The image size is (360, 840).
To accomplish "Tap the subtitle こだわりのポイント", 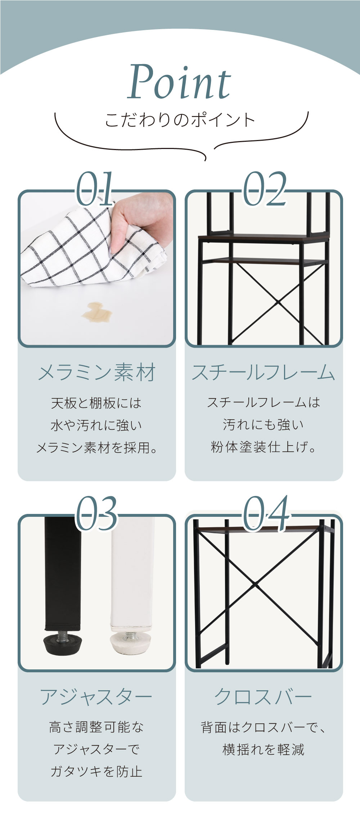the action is [x=180, y=120].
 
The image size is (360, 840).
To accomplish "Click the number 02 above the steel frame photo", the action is [x=265, y=189].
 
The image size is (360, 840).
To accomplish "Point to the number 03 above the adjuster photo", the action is [x=96, y=513].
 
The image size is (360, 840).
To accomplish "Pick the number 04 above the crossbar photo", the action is [x=266, y=513].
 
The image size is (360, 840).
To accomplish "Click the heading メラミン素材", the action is [x=97, y=372].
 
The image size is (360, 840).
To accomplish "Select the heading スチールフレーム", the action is [x=264, y=372].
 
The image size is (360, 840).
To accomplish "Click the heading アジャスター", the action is [x=96, y=697].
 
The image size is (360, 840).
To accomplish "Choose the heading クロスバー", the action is [x=263, y=697].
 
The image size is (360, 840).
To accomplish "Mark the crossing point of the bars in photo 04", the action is [x=255, y=585].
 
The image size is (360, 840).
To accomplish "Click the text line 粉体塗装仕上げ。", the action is [x=264, y=447].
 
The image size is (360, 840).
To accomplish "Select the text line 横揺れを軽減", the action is [x=264, y=750].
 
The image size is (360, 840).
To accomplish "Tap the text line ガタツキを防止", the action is [x=96, y=772].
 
